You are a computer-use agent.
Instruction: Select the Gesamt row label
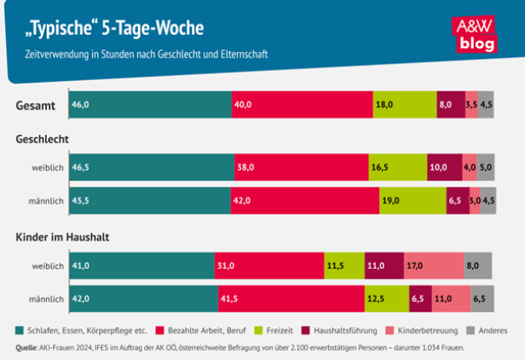point(35,105)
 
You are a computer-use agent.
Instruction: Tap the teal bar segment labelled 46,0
point(151,105)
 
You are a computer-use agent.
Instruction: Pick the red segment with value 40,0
point(302,105)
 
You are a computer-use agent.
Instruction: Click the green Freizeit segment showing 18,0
point(404,105)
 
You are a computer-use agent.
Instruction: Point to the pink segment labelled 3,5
point(471,105)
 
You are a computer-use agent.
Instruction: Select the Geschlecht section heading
point(43,138)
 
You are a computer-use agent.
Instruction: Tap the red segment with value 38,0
point(301,168)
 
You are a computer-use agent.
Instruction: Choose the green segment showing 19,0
point(412,200)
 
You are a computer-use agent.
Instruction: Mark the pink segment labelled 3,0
point(475,200)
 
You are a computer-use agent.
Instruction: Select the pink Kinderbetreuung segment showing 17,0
point(434,266)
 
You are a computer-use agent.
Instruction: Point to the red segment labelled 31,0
point(269,266)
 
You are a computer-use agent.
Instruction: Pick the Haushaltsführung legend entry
point(341,330)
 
